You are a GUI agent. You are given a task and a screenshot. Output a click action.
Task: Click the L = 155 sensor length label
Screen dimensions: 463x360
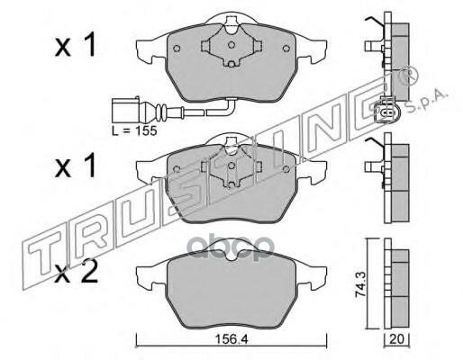pos(134,130)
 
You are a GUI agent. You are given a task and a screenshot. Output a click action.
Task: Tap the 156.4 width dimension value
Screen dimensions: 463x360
pos(231,339)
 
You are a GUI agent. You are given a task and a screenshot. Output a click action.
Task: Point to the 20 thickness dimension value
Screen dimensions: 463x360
pos(396,339)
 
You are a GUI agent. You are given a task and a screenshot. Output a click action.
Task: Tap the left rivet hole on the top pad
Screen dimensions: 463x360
pos(177,49)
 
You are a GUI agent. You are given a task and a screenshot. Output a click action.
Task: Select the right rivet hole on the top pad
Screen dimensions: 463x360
pos(286,49)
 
